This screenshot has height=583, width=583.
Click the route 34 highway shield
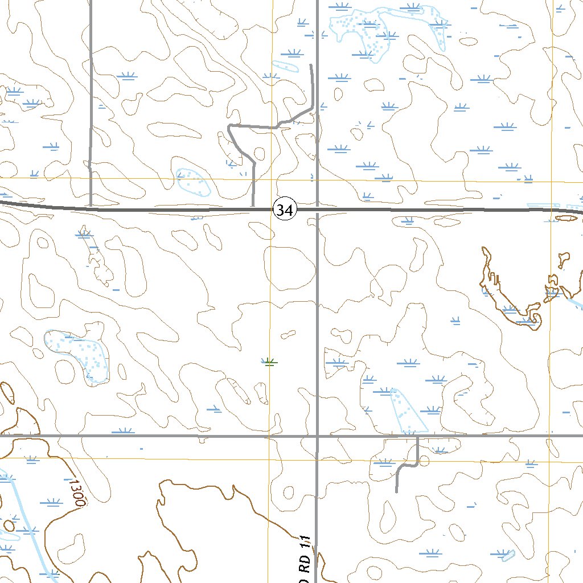[285, 210]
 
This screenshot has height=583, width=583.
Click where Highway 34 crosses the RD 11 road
[317, 210]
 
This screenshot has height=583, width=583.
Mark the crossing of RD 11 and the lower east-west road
[317, 437]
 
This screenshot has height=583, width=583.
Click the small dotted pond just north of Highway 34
[192, 182]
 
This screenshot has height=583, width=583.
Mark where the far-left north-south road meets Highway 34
[91, 208]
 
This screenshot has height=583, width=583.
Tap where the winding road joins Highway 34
[253, 208]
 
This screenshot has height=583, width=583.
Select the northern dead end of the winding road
[310, 66]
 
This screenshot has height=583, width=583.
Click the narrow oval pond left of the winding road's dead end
[285, 65]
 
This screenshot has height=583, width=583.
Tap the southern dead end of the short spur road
[396, 491]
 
